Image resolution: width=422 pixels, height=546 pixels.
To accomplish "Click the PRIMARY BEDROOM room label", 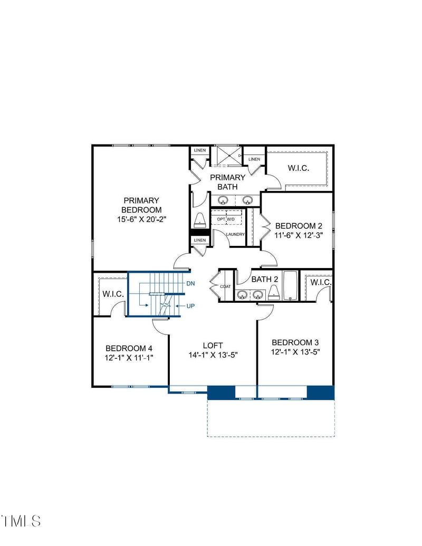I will [x=141, y=205].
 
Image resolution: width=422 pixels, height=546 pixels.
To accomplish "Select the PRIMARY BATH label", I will [x=227, y=182].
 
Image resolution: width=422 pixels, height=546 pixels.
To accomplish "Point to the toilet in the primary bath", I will [x=200, y=220].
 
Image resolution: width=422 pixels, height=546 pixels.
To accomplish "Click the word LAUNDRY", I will [x=235, y=234].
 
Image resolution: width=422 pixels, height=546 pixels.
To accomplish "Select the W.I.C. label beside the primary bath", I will [x=298, y=168].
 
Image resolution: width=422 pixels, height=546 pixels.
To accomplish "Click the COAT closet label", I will [x=225, y=286].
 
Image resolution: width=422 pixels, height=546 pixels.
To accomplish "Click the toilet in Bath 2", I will [x=273, y=293].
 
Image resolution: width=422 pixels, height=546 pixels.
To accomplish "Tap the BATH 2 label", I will [x=264, y=279].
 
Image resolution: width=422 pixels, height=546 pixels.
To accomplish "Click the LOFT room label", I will [x=213, y=346].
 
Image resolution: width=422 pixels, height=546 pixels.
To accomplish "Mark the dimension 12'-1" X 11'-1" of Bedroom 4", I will [x=129, y=358].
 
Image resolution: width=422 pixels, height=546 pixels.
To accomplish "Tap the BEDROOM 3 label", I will [x=295, y=342].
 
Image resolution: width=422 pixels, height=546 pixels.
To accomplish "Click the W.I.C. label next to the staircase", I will [x=113, y=294].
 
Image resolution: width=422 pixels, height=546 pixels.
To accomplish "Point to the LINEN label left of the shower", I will [x=199, y=151].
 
